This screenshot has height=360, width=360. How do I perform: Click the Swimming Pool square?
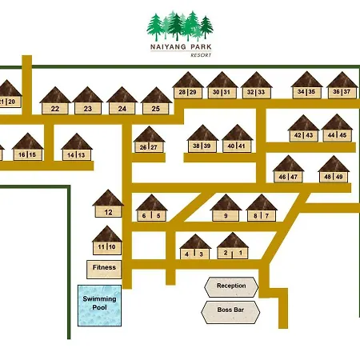[x=99, y=306]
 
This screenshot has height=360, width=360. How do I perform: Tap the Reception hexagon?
[x=231, y=287]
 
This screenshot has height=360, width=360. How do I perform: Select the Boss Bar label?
[x=230, y=310]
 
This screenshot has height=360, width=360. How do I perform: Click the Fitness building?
[x=104, y=270]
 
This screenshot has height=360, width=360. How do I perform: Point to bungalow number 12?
[x=108, y=203]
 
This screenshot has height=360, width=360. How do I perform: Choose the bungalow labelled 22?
[x=55, y=100]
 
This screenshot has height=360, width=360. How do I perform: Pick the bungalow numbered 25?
[x=156, y=100]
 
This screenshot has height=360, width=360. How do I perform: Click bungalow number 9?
[x=226, y=208]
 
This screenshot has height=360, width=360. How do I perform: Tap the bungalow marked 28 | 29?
[x=188, y=85]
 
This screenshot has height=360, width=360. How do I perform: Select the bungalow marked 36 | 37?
[x=342, y=85]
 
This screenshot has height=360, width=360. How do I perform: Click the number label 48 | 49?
[x=334, y=177]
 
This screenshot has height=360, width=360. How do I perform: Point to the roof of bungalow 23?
[x=87, y=94]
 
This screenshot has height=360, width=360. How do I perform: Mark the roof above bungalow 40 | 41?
[x=238, y=132]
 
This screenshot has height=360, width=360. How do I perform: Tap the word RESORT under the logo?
[x=201, y=55]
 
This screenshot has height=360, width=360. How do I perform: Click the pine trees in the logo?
[x=180, y=26]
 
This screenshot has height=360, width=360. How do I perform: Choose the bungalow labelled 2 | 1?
[x=233, y=246]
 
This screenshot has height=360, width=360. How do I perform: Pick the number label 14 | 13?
[x=76, y=155]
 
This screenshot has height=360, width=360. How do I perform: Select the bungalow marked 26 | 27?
[x=149, y=139]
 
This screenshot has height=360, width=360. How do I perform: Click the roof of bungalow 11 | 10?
[x=107, y=234]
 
